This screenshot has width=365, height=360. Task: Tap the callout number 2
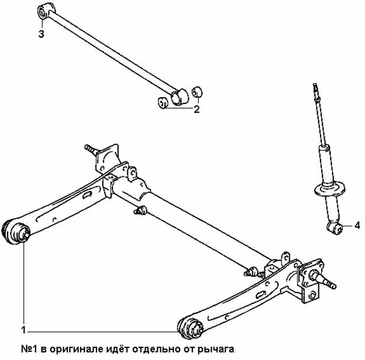197,109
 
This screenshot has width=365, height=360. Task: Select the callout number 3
41,34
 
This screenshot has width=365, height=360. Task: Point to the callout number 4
357,225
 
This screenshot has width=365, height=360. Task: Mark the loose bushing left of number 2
161,102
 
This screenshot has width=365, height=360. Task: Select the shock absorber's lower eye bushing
333,226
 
